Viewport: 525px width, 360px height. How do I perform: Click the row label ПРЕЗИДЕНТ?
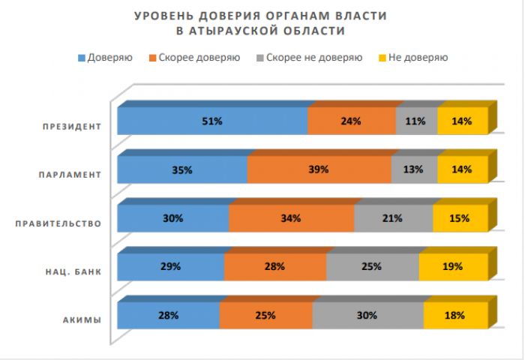[x=71, y=126]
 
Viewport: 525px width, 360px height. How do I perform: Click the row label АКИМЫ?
[x=82, y=321]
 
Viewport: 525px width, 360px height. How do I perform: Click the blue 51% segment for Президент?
[x=212, y=121]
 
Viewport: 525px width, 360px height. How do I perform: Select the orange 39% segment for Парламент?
[x=319, y=169]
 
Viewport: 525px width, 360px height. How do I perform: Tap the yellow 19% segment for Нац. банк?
[x=453, y=266]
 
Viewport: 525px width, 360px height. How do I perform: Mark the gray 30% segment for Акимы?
[x=367, y=316]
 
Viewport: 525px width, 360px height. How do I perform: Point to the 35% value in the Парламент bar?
[x=182, y=169]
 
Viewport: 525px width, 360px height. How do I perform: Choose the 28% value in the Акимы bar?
[x=168, y=316]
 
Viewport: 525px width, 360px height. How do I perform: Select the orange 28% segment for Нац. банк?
[x=274, y=266]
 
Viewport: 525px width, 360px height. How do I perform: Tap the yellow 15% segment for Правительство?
[x=460, y=218]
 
